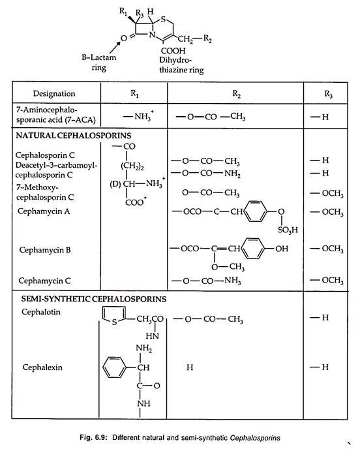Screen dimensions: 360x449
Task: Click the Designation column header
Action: [x=54, y=93]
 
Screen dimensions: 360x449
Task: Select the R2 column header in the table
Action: [x=236, y=93]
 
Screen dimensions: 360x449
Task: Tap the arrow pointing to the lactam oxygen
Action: [x=115, y=48]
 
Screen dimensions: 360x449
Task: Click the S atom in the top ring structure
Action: [x=163, y=20]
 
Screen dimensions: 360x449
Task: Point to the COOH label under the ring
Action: [x=173, y=51]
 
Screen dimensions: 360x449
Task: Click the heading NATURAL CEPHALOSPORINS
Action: [x=74, y=136]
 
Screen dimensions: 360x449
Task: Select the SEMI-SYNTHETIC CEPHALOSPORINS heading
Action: [x=94, y=299]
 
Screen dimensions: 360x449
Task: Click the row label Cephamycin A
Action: [x=44, y=211]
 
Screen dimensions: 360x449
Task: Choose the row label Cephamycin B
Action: [x=45, y=250]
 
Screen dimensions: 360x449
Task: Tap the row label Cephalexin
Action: [x=42, y=367]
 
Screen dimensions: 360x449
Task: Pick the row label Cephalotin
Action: [x=41, y=312]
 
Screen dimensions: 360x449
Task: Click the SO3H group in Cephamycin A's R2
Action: [x=288, y=230]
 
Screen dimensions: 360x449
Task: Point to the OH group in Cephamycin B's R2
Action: [x=282, y=249]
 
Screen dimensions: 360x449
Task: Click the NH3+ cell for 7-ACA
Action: [x=138, y=116]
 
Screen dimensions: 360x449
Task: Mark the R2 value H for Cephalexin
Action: [x=190, y=367]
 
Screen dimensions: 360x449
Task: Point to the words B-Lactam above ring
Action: [x=98, y=57]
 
